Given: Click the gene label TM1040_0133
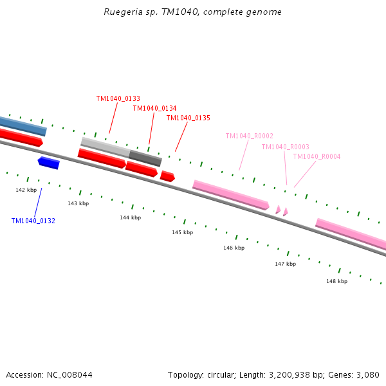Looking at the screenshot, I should (118, 98).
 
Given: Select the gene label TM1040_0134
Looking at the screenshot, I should (154, 108).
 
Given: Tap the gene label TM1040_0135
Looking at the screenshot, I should (188, 118).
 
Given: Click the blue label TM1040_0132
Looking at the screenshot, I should (33, 221).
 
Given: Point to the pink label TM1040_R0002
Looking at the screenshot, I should (249, 136).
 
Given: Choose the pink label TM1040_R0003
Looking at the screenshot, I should (285, 147).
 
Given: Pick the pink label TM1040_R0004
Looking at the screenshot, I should (317, 156).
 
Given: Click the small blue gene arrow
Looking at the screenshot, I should (49, 162).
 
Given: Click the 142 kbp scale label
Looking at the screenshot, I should (26, 190).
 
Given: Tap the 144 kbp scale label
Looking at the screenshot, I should (130, 217).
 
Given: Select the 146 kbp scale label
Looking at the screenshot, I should (234, 248).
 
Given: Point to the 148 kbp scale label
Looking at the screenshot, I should (336, 281).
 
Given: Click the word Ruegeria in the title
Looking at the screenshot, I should (121, 12).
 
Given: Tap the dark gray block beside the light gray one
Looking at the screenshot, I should (145, 158).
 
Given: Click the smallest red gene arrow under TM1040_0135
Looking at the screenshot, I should (167, 176).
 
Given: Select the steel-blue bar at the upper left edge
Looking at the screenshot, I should (23, 125).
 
